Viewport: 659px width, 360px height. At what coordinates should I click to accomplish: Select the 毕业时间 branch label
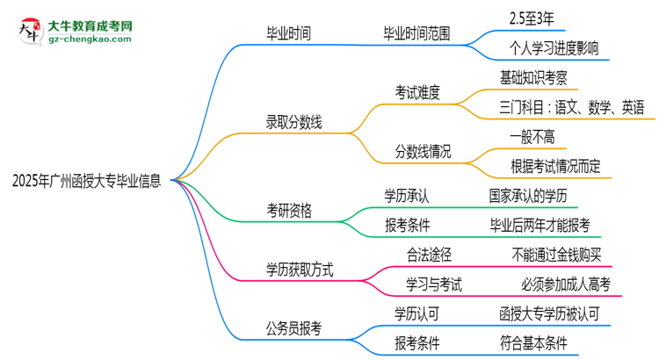tap(288, 34)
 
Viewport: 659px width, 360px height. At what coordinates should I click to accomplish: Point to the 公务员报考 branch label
tap(294, 328)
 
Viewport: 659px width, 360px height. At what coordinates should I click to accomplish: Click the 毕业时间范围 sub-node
tap(417, 34)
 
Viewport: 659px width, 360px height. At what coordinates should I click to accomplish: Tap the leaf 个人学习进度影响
tap(554, 49)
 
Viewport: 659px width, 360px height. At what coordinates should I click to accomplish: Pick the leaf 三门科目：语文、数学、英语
tap(571, 108)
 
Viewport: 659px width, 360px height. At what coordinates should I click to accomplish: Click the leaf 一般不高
tap(532, 137)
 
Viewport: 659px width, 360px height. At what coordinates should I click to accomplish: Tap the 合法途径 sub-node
tap(430, 255)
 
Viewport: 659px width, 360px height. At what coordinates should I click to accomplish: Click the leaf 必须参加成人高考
tap(565, 284)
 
